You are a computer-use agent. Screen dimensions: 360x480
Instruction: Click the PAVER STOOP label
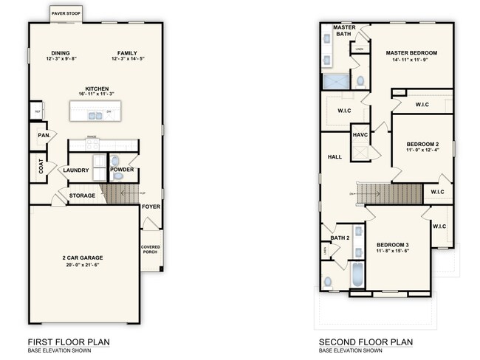[66, 13]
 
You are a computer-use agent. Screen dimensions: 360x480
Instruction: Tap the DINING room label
[61, 52]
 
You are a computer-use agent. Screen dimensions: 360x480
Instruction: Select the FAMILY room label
[127, 52]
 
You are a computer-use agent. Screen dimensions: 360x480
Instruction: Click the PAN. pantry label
[43, 136]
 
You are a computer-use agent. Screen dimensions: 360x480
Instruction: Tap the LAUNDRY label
[76, 170]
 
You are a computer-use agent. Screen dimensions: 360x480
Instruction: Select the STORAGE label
[82, 195]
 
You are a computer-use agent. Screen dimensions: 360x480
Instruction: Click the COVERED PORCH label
[151, 249]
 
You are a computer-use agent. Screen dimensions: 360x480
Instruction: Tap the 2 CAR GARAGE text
[82, 258]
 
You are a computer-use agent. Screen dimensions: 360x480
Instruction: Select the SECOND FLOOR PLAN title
[366, 342]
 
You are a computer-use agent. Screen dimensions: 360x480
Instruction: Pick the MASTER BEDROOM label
[411, 53]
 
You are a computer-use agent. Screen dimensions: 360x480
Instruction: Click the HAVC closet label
[360, 135]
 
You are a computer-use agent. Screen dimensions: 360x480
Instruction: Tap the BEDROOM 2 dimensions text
[422, 150]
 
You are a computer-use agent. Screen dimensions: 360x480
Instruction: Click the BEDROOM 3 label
[392, 244]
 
